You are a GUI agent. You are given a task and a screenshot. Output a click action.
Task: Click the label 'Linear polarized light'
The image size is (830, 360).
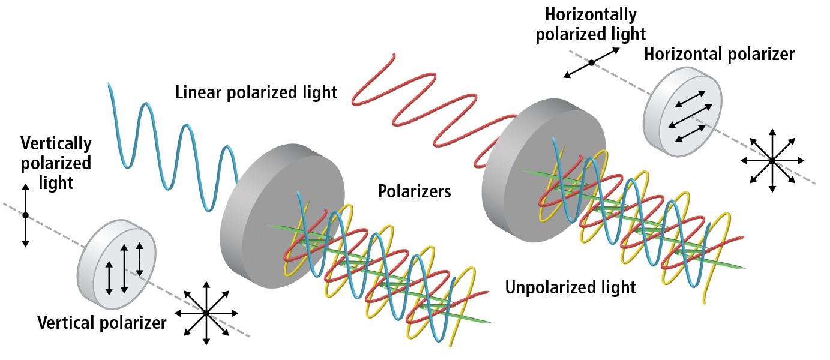click(256, 92)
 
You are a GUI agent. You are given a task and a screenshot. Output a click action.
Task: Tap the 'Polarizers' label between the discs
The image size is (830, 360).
click(414, 191)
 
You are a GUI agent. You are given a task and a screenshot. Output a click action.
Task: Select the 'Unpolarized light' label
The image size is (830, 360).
click(570, 287)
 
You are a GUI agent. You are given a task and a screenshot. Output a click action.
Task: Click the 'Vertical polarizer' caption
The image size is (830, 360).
click(101, 323)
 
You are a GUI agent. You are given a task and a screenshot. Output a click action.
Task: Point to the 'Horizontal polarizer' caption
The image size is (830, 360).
click(719, 54)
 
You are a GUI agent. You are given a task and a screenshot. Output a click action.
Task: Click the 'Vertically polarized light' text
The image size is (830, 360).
click(56, 163)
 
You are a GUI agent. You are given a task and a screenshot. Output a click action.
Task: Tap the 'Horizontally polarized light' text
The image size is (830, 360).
click(591, 24)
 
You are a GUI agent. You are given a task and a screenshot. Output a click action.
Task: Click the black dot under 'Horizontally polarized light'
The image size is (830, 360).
click(591, 62)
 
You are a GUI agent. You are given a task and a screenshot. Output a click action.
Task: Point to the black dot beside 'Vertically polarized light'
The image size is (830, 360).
click(25, 215)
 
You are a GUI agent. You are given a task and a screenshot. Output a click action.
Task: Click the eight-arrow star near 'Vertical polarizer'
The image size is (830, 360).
click(206, 313)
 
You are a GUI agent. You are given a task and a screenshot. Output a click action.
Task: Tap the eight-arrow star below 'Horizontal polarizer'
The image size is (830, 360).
click(772, 160)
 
